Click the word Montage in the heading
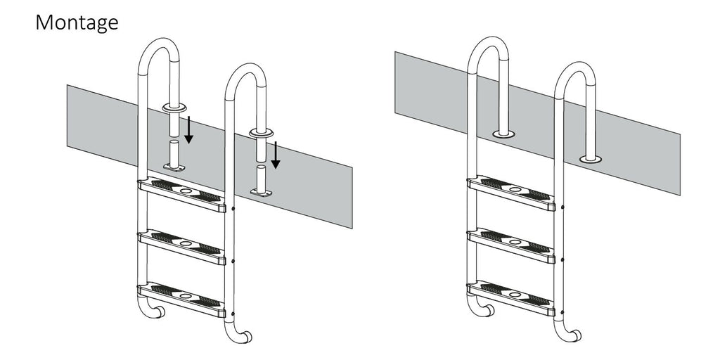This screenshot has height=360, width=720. pos(77,23)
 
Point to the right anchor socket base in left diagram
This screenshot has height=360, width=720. pos(260,191)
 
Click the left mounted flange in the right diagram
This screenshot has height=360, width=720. pos(503,133)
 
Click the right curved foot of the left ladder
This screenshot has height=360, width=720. pos(243,337)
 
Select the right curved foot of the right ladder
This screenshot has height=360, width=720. pos(572,336)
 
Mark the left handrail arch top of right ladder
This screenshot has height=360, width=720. pos(487,43)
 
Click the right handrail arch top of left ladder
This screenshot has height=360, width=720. pos(245,70)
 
